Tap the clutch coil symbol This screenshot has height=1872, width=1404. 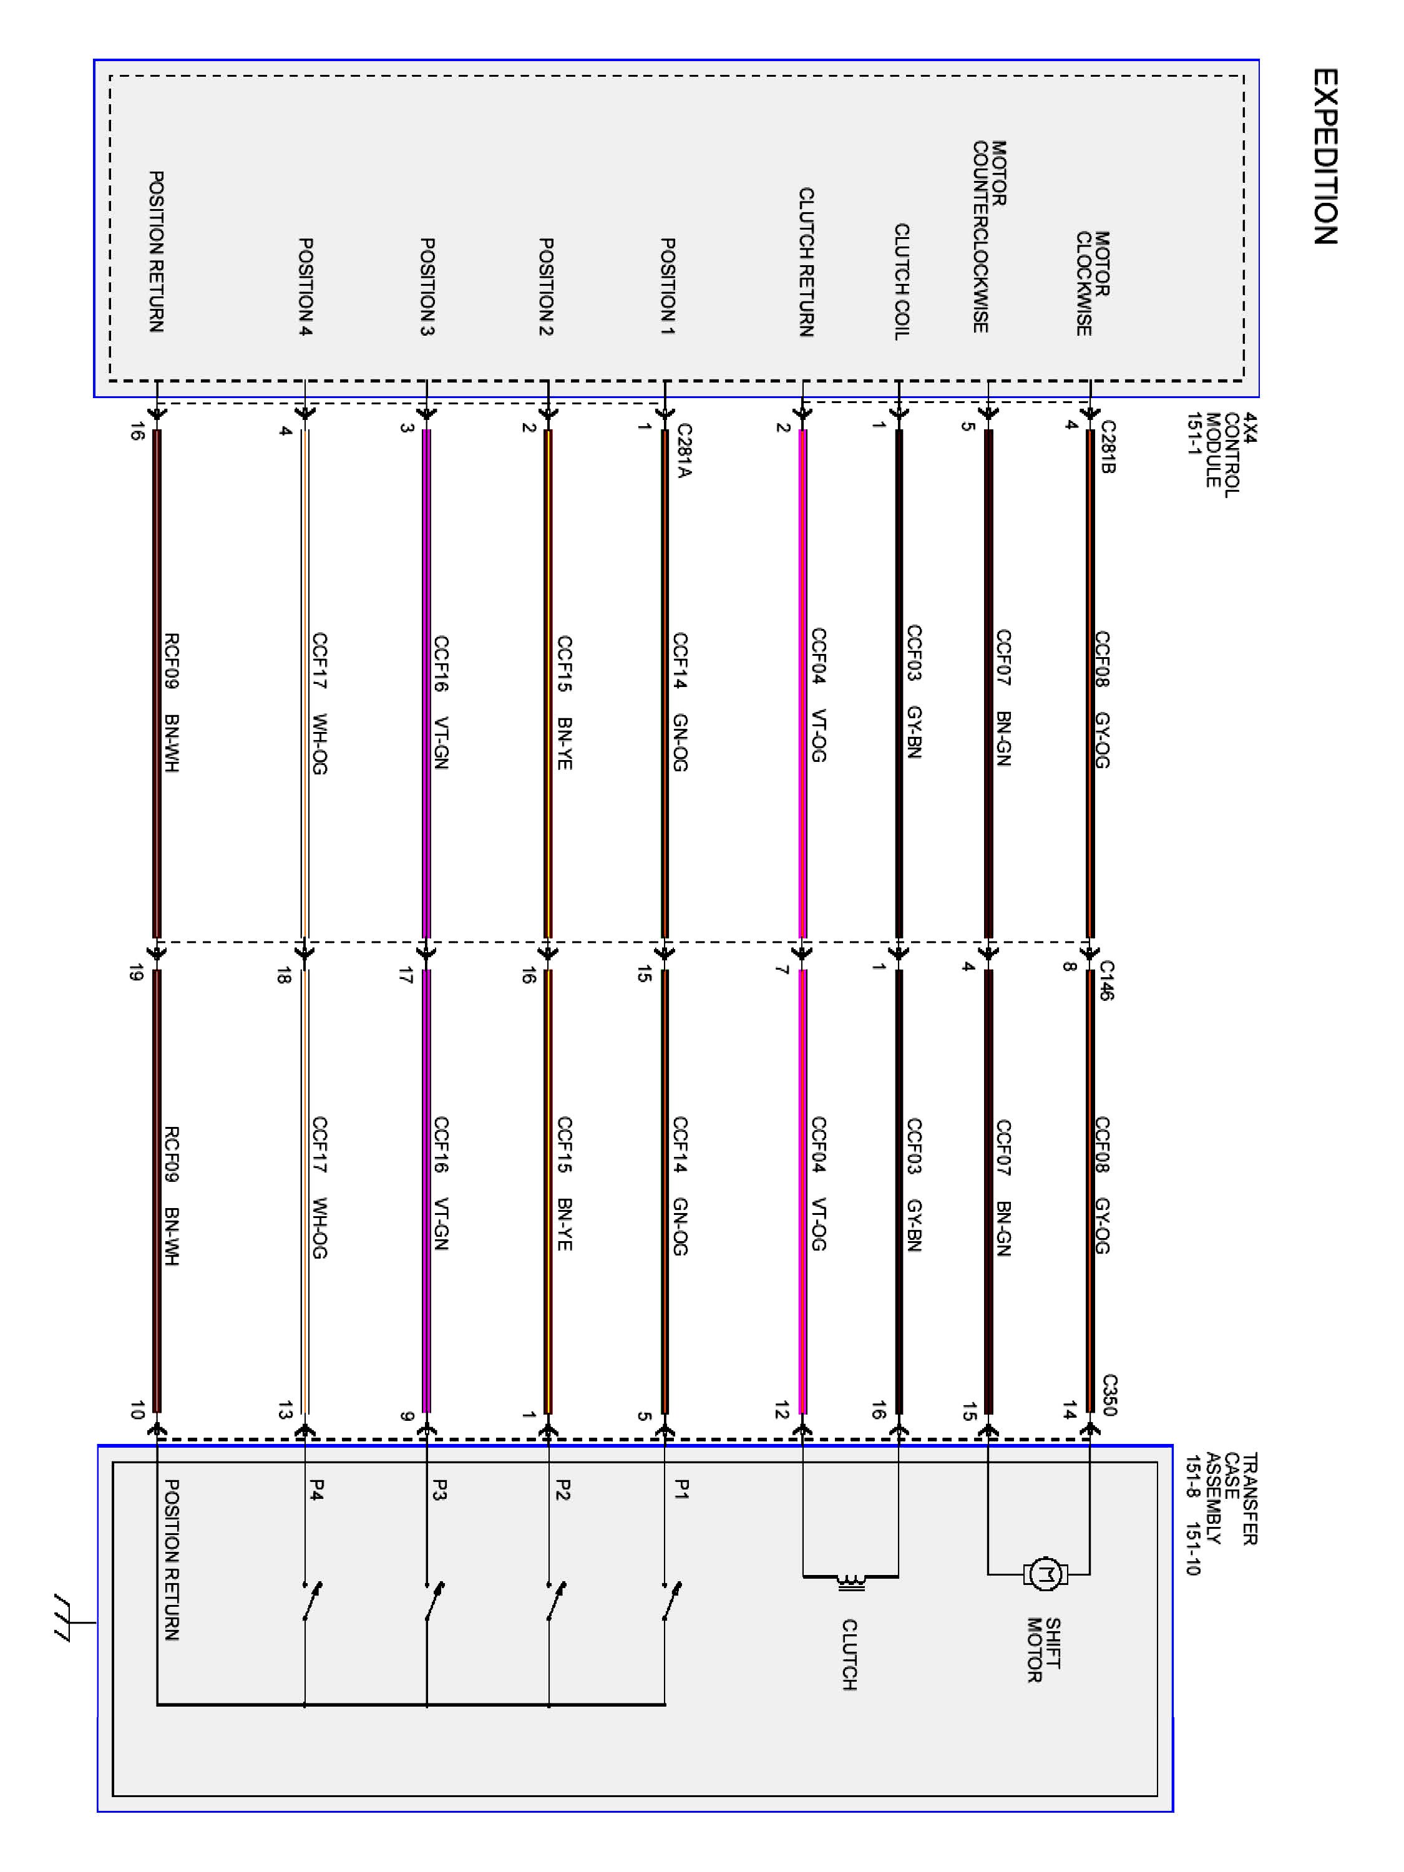click(x=851, y=1580)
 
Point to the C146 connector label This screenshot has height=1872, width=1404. click(x=1107, y=980)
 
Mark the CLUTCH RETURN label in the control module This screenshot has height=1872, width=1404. click(x=806, y=261)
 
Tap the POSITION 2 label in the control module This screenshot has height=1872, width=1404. click(x=546, y=286)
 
